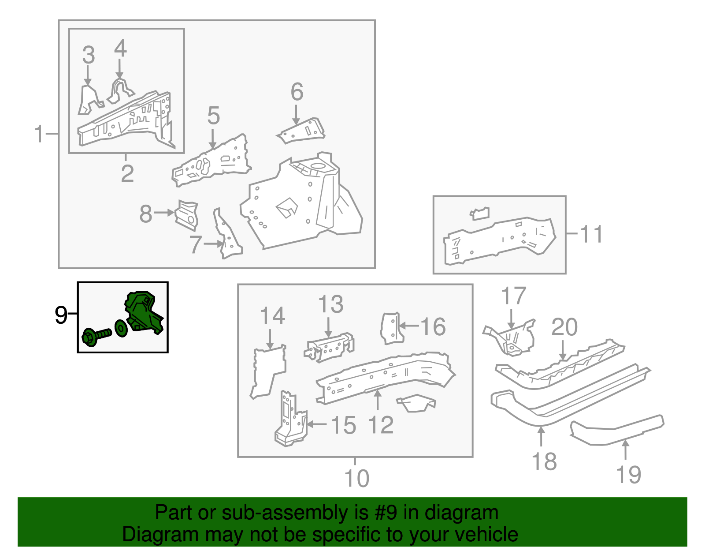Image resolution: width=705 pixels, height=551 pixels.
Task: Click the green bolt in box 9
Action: click(x=95, y=336)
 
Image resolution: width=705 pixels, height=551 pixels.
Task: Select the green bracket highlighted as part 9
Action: click(x=144, y=311)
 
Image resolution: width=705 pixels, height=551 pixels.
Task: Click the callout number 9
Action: click(x=61, y=315)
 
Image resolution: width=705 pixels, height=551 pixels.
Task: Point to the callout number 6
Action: click(x=297, y=92)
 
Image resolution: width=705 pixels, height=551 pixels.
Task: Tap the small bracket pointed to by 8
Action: click(x=187, y=215)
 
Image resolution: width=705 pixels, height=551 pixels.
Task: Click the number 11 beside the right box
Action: click(x=590, y=234)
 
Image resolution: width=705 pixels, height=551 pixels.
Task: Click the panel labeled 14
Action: click(x=268, y=371)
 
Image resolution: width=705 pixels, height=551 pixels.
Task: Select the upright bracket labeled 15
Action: click(x=290, y=419)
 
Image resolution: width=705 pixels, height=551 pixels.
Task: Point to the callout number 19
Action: click(x=628, y=474)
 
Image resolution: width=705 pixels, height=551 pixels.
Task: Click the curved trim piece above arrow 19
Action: click(x=617, y=430)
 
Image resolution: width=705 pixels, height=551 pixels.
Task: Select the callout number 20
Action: click(x=564, y=327)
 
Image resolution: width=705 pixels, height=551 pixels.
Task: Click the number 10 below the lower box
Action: click(x=356, y=478)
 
